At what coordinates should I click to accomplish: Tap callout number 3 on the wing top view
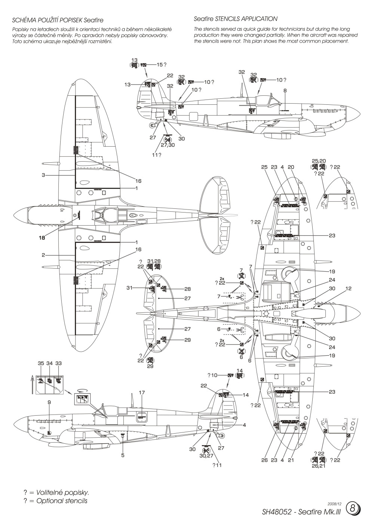[x=43, y=175]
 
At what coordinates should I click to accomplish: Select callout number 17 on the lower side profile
[x=142, y=393]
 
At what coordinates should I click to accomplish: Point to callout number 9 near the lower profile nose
[x=49, y=402]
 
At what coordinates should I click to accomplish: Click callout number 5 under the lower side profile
[x=123, y=455]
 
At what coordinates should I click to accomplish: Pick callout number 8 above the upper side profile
[x=285, y=90]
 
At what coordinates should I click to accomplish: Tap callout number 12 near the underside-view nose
[x=338, y=288]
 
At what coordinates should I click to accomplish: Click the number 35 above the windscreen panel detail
[x=41, y=363]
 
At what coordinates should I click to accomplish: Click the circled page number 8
[x=353, y=508]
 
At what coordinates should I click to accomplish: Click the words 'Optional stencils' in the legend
[x=62, y=501]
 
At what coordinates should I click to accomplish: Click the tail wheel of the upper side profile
[x=152, y=126]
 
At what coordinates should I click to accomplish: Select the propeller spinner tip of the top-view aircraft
[x=14, y=216]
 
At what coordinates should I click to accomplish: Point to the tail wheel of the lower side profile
[x=221, y=435]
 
